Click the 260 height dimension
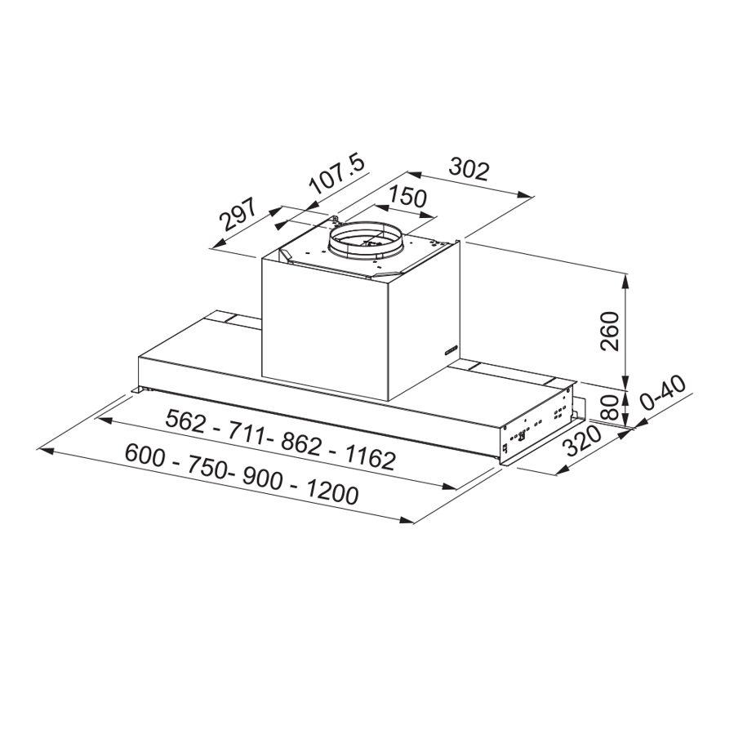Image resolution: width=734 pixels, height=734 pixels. click(610, 331)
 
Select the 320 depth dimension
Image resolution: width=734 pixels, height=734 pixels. click(583, 442)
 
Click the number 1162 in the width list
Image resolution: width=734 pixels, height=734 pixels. click(371, 458)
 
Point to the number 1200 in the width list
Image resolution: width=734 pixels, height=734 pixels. click(333, 492)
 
